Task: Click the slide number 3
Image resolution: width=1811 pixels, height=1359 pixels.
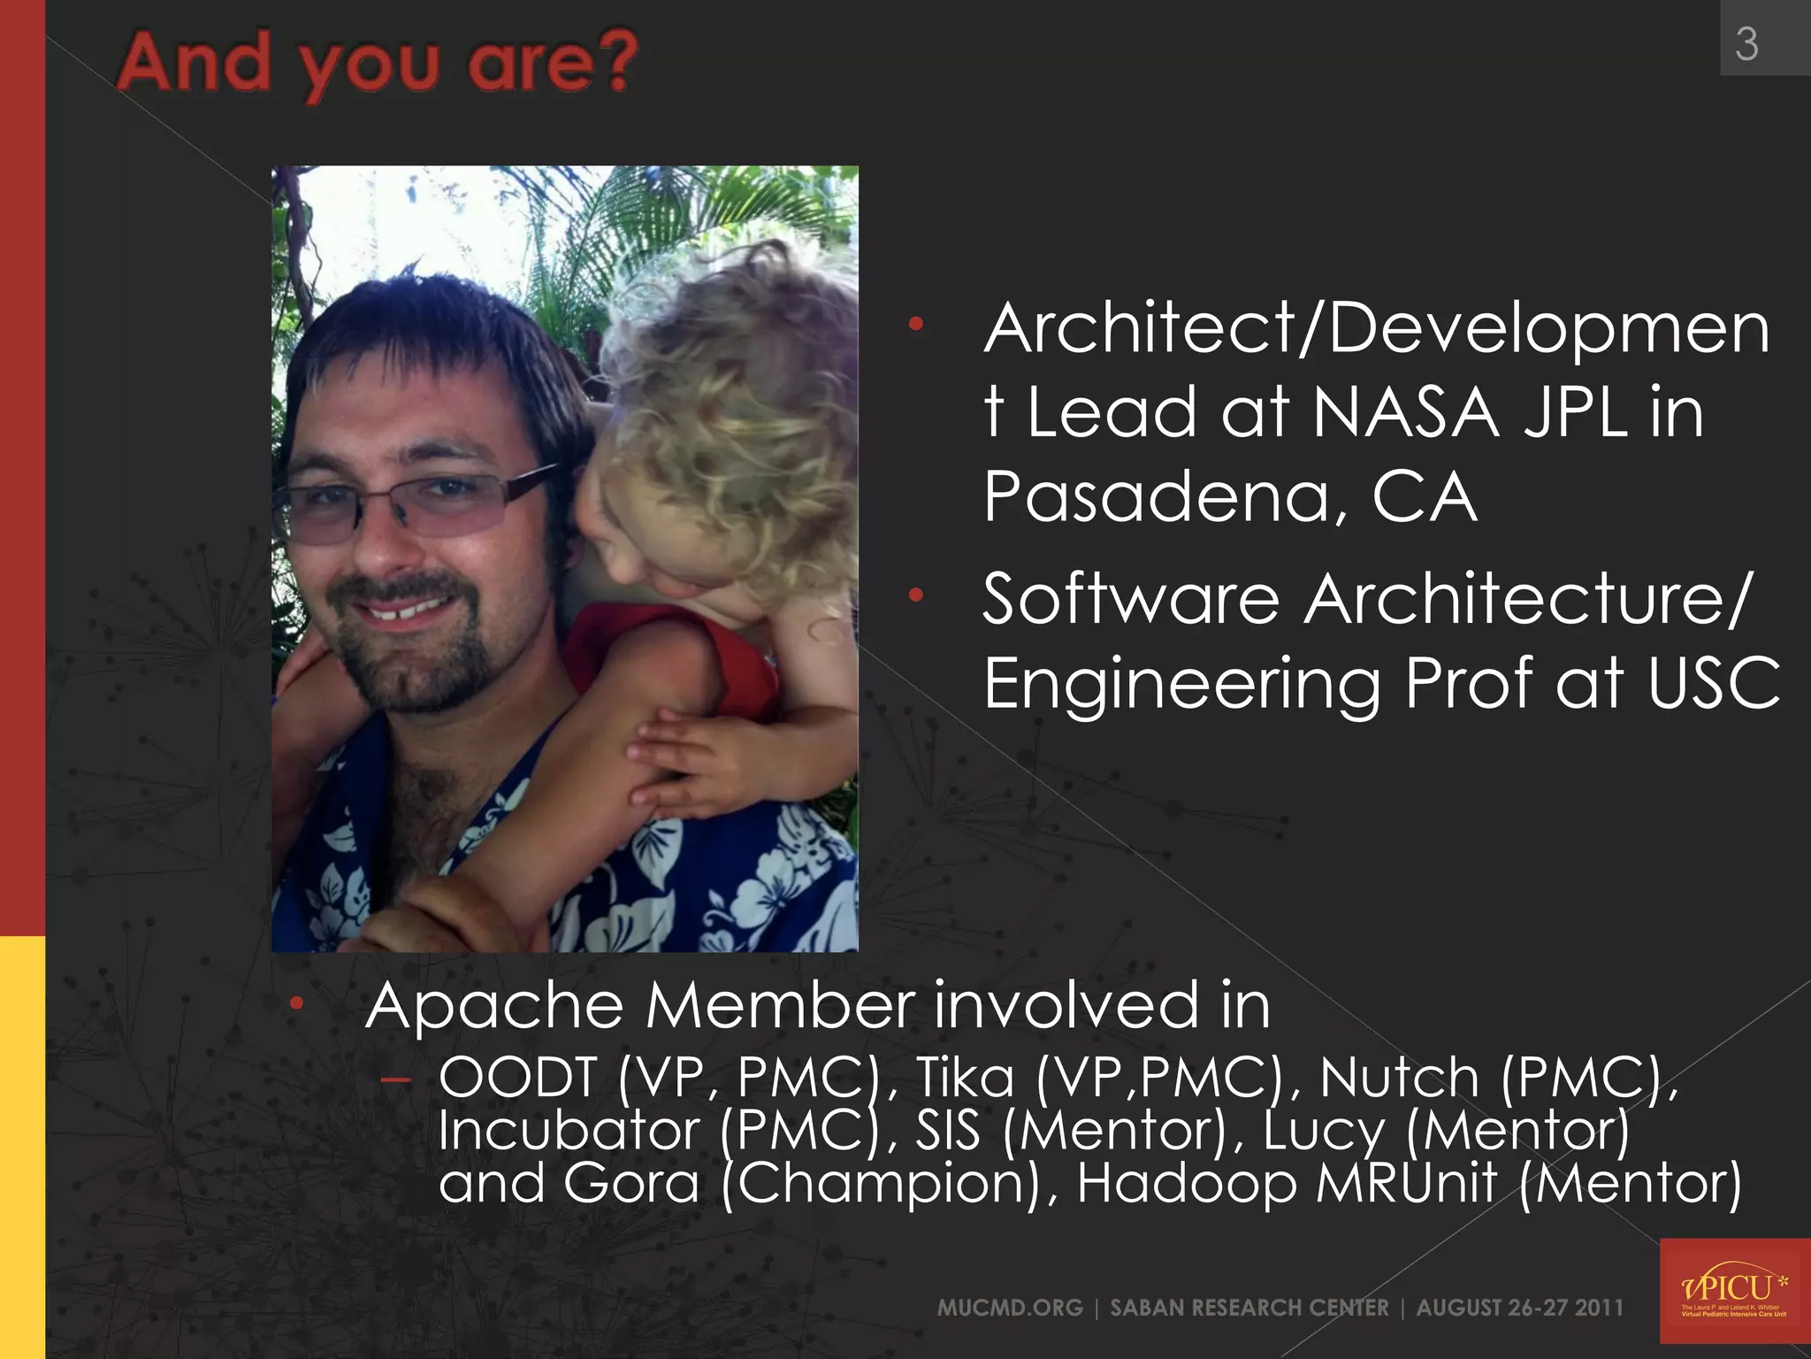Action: pos(1746,44)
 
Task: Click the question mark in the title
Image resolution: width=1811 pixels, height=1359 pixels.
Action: pos(616,62)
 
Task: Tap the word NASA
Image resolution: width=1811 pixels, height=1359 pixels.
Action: pos(1405,412)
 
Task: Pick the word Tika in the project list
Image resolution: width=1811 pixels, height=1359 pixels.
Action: pos(965,1078)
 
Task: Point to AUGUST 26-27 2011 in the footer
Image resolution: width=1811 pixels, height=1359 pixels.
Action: pos(1520,1308)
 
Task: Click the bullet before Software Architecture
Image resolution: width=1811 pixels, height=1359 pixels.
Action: pos(916,595)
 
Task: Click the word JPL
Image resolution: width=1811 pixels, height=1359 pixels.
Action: pos(1575,412)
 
